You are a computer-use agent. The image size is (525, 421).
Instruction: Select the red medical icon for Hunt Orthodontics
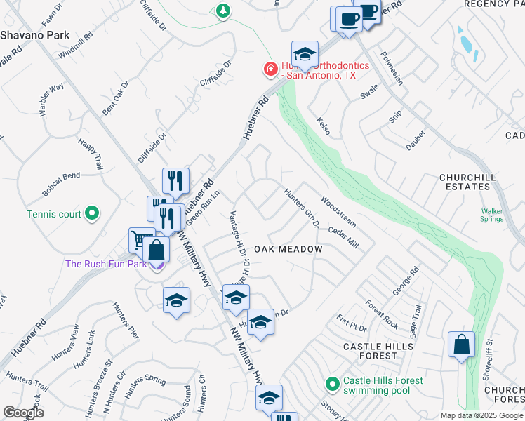[x=270, y=69]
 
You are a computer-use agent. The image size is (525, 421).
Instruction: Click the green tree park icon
[x=223, y=11]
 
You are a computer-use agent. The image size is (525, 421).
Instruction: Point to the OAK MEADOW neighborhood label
[x=288, y=249]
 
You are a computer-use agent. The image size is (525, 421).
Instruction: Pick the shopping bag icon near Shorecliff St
[x=462, y=345]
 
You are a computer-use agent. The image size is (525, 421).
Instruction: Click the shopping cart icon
[x=140, y=240]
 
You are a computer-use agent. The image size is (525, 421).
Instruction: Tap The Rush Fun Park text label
[x=106, y=265]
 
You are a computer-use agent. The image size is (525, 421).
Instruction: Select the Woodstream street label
[x=338, y=211]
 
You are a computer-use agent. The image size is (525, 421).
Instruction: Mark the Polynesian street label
[x=392, y=67]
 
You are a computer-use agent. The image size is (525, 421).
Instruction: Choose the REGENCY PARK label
[x=494, y=4]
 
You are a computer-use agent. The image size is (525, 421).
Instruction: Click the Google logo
[x=23, y=413]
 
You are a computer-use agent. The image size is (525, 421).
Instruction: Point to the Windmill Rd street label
[x=76, y=44]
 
